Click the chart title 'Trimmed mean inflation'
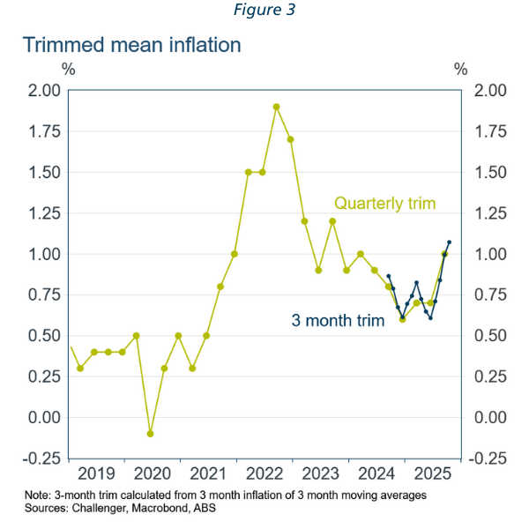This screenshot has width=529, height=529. point(132,45)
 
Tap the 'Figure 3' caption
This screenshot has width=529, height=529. point(264,11)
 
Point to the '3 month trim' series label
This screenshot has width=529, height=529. point(339,321)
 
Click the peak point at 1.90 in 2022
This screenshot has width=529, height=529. point(276,107)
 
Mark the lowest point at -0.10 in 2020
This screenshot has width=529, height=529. point(150,434)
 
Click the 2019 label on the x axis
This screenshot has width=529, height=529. point(97,473)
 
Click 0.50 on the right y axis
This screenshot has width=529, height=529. point(490,336)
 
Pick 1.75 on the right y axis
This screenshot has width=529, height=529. point(490,131)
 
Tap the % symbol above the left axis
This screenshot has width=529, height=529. point(68,69)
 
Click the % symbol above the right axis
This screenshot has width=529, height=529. point(460,69)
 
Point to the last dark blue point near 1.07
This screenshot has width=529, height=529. point(449,242)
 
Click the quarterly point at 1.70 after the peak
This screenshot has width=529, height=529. point(290,139)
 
